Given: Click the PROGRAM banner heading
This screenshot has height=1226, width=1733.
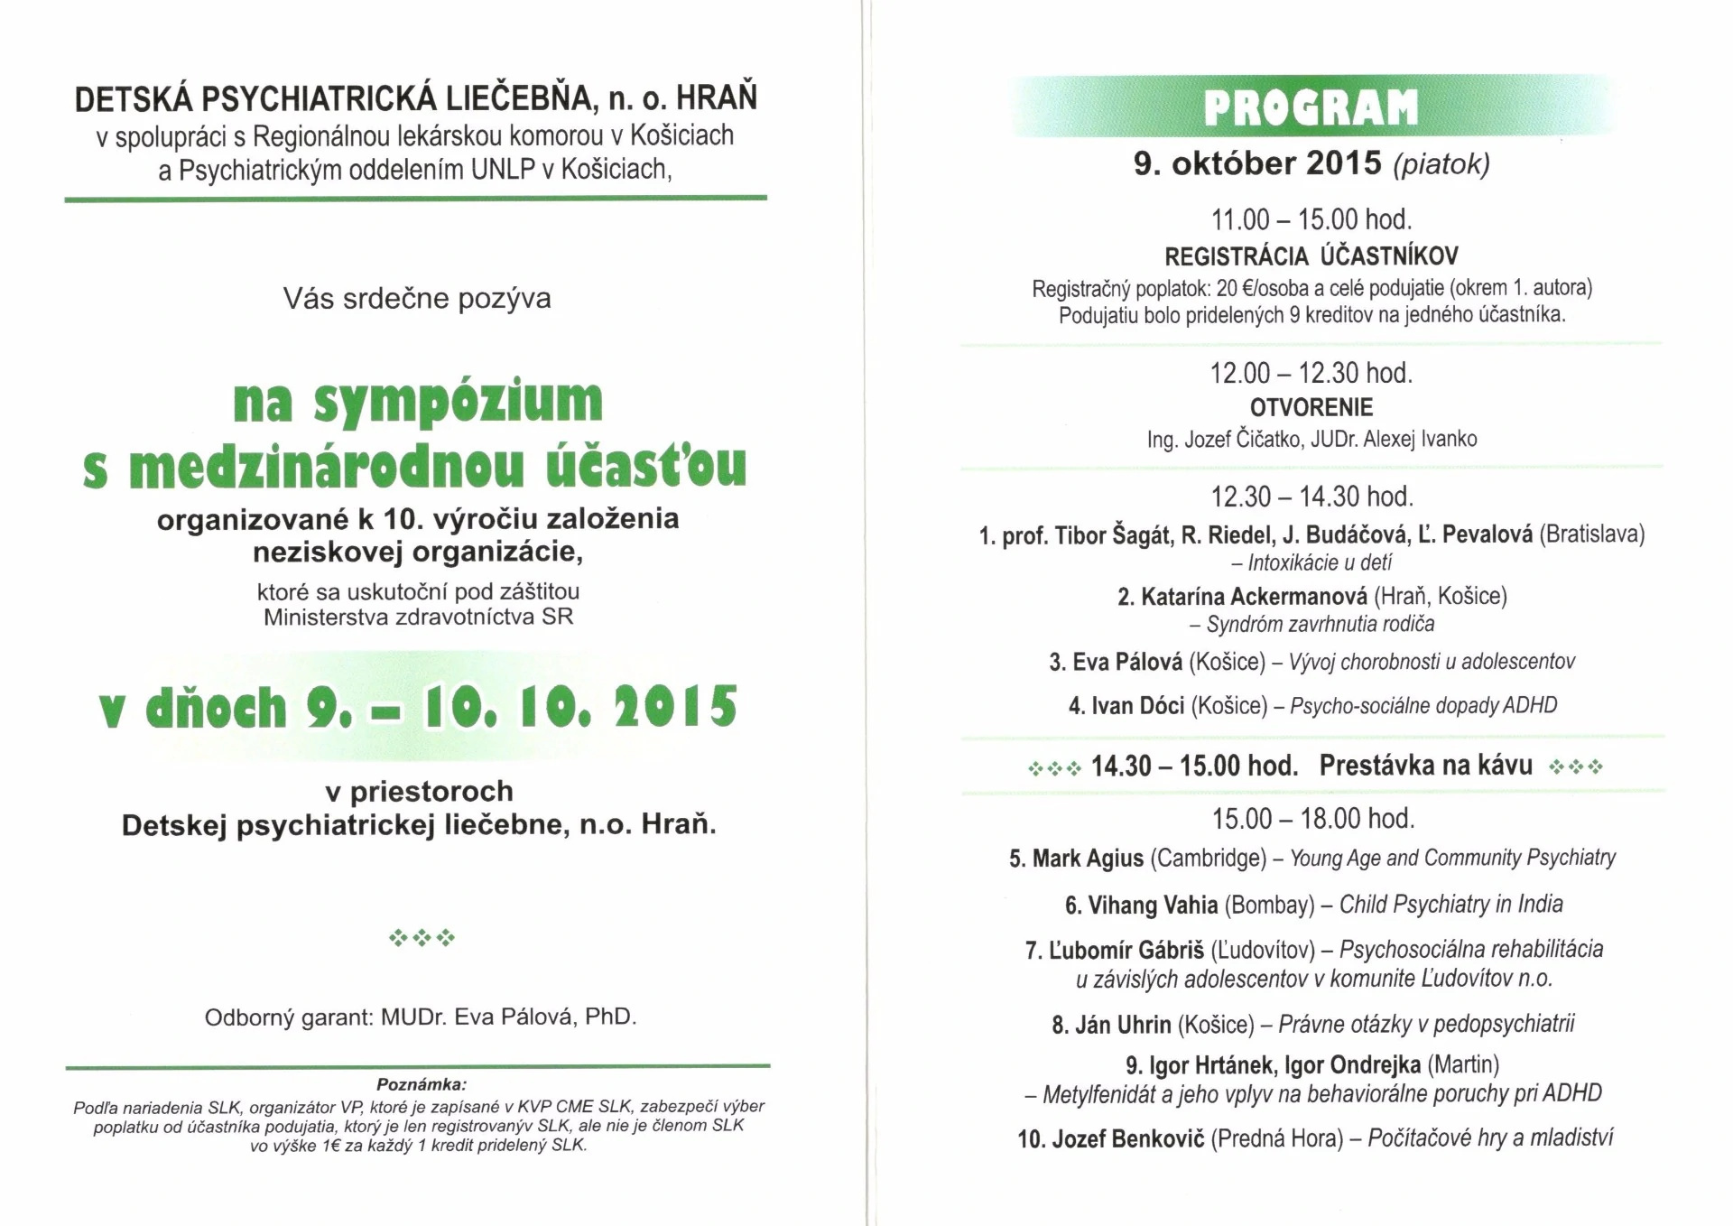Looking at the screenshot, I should [x=1311, y=108].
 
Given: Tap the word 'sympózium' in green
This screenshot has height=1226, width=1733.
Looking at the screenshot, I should [x=458, y=403].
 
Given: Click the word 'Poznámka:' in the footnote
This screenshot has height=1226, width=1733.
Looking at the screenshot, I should [x=421, y=1084].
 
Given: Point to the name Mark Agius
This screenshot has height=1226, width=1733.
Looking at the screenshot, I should [x=1088, y=859].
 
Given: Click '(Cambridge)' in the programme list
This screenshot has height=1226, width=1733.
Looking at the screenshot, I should [x=1208, y=859].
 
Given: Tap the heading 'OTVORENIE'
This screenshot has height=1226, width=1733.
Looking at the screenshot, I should [x=1311, y=407].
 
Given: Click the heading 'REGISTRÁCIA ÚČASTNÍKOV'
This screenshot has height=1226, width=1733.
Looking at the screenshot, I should [x=1311, y=257].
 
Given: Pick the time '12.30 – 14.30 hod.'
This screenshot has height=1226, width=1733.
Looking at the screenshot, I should [x=1311, y=497].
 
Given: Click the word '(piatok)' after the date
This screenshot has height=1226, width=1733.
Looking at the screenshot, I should [x=1441, y=164].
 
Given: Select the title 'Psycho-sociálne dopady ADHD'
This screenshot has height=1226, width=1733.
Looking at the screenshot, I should [x=1423, y=706].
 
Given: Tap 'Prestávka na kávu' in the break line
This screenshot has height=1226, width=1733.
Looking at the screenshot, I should [x=1425, y=766].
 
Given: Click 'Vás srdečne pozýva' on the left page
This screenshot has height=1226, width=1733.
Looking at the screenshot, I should [x=417, y=299].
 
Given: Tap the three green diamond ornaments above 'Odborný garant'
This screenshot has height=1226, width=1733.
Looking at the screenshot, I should [x=422, y=938].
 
